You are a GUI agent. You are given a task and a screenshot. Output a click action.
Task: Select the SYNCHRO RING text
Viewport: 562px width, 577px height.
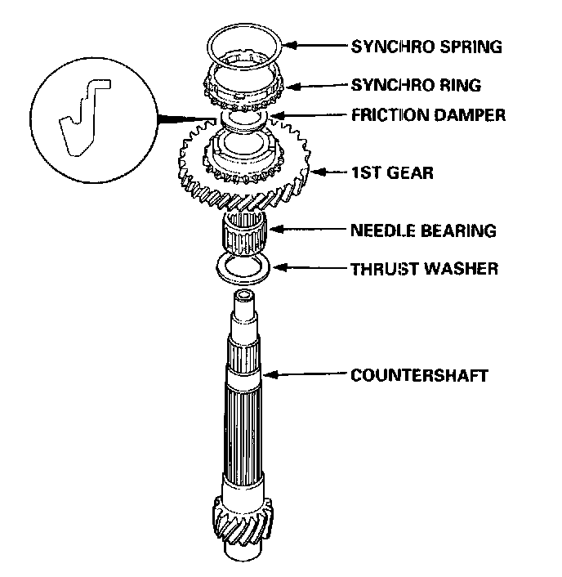click(x=415, y=84)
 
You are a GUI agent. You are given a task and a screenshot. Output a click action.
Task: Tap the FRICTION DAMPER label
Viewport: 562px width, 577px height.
click(x=427, y=114)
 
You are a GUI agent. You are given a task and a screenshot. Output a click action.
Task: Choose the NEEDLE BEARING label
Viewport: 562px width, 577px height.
click(x=422, y=230)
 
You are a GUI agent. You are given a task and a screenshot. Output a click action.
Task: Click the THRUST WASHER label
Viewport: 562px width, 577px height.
click(x=423, y=268)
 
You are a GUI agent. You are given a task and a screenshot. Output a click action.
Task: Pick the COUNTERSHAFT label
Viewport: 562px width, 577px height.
click(x=419, y=376)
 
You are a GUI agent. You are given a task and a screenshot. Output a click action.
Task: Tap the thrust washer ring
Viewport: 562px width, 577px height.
click(x=243, y=267)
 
